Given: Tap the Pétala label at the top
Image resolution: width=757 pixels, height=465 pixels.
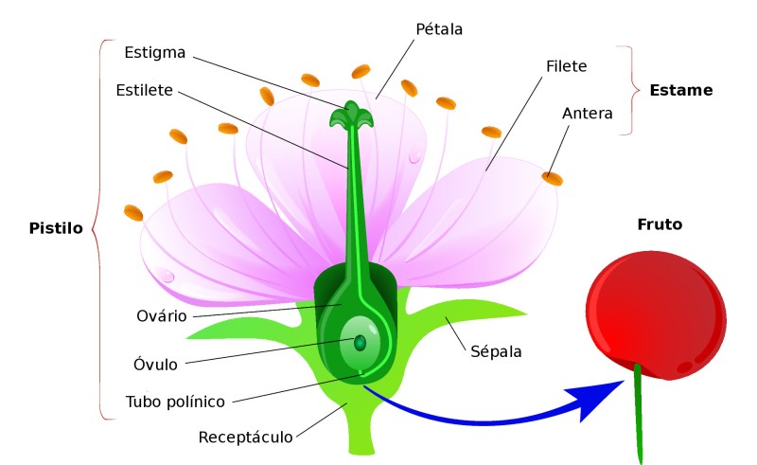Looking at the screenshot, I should (x=440, y=28).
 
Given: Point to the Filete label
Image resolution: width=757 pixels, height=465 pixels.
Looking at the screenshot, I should (x=567, y=66).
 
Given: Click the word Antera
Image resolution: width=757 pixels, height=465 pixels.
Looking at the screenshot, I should (x=587, y=114).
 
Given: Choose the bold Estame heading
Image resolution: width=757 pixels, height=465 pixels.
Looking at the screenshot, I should (x=680, y=91).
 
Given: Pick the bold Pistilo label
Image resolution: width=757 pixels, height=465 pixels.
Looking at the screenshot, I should (x=55, y=228).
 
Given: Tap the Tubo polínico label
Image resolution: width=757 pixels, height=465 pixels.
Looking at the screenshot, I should (x=175, y=402).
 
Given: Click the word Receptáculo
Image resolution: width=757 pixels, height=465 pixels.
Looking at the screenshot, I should (x=245, y=438).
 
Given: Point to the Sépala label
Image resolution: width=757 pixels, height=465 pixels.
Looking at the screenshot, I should (x=496, y=351).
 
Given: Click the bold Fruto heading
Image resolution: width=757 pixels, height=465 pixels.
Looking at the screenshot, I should (x=660, y=224).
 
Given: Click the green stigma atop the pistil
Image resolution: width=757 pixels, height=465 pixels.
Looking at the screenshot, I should (x=351, y=115).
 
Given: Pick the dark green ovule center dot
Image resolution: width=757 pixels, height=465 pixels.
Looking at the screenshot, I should (x=360, y=343).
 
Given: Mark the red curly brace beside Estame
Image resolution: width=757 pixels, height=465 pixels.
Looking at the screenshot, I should (x=625, y=90).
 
